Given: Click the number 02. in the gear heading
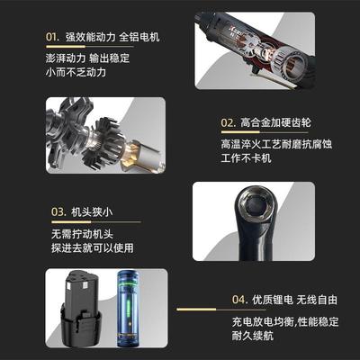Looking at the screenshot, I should click(228, 121).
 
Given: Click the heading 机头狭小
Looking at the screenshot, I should click(95, 213).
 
